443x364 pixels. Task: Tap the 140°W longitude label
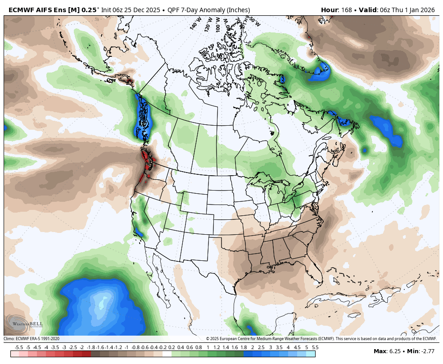[x=195, y=23]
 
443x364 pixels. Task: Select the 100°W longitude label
[x=218, y=23]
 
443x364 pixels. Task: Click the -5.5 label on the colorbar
[x=19, y=347]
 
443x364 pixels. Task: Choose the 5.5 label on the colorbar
[x=315, y=347]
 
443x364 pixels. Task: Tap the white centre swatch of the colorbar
[x=167, y=354]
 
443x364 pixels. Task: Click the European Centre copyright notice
[x=321, y=339]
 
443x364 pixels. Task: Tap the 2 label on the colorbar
[x=252, y=347]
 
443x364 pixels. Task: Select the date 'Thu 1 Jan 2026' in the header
[x=416, y=10]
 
